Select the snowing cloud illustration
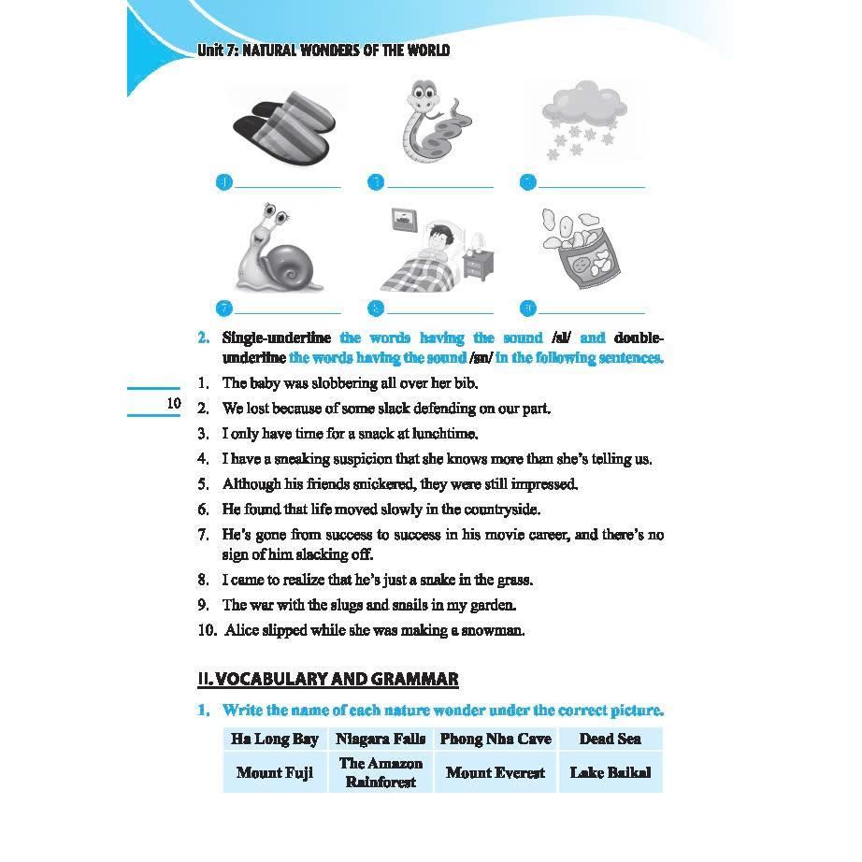[x=584, y=121]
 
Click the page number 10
[x=172, y=403]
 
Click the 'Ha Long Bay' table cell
[x=275, y=739]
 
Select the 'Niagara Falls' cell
[x=381, y=739]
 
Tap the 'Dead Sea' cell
[x=610, y=739]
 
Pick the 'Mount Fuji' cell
[x=275, y=773]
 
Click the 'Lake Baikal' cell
[x=610, y=773]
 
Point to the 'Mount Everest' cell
[x=496, y=773]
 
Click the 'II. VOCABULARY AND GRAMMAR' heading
[x=327, y=680]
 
